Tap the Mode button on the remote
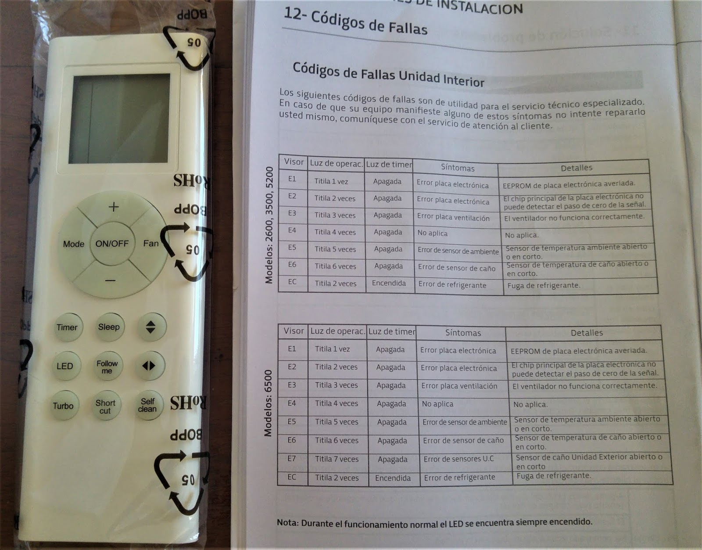coord(73,244)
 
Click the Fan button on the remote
coord(150,243)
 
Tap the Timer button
coord(67,327)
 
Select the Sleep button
coord(109,327)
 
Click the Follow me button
coord(107,367)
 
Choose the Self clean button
coord(147,405)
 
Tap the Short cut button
coord(105,406)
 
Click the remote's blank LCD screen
coord(119,119)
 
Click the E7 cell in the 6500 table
coord(292,458)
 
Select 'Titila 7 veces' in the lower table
coord(337,459)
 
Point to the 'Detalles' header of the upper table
coord(577,168)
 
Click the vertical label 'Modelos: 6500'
coord(268,403)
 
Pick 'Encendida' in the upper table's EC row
coord(389,284)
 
